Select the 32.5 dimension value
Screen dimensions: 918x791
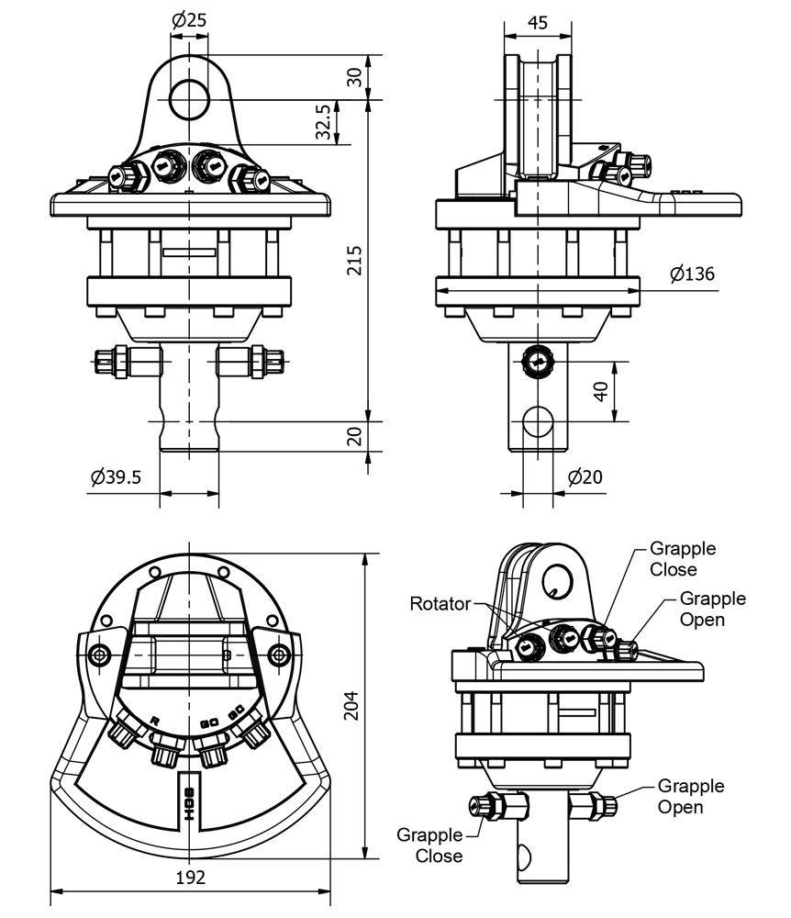323,122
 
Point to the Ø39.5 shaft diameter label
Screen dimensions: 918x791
116,477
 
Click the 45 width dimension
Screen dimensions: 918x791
539,22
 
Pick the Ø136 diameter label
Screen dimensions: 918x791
692,274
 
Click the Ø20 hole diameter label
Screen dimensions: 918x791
585,477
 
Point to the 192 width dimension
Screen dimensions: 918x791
189,877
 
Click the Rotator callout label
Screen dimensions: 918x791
440,603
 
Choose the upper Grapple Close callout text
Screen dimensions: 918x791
683,558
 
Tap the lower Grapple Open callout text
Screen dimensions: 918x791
690,797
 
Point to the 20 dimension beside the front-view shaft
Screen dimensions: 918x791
354,436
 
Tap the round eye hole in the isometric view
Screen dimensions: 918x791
559,577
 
